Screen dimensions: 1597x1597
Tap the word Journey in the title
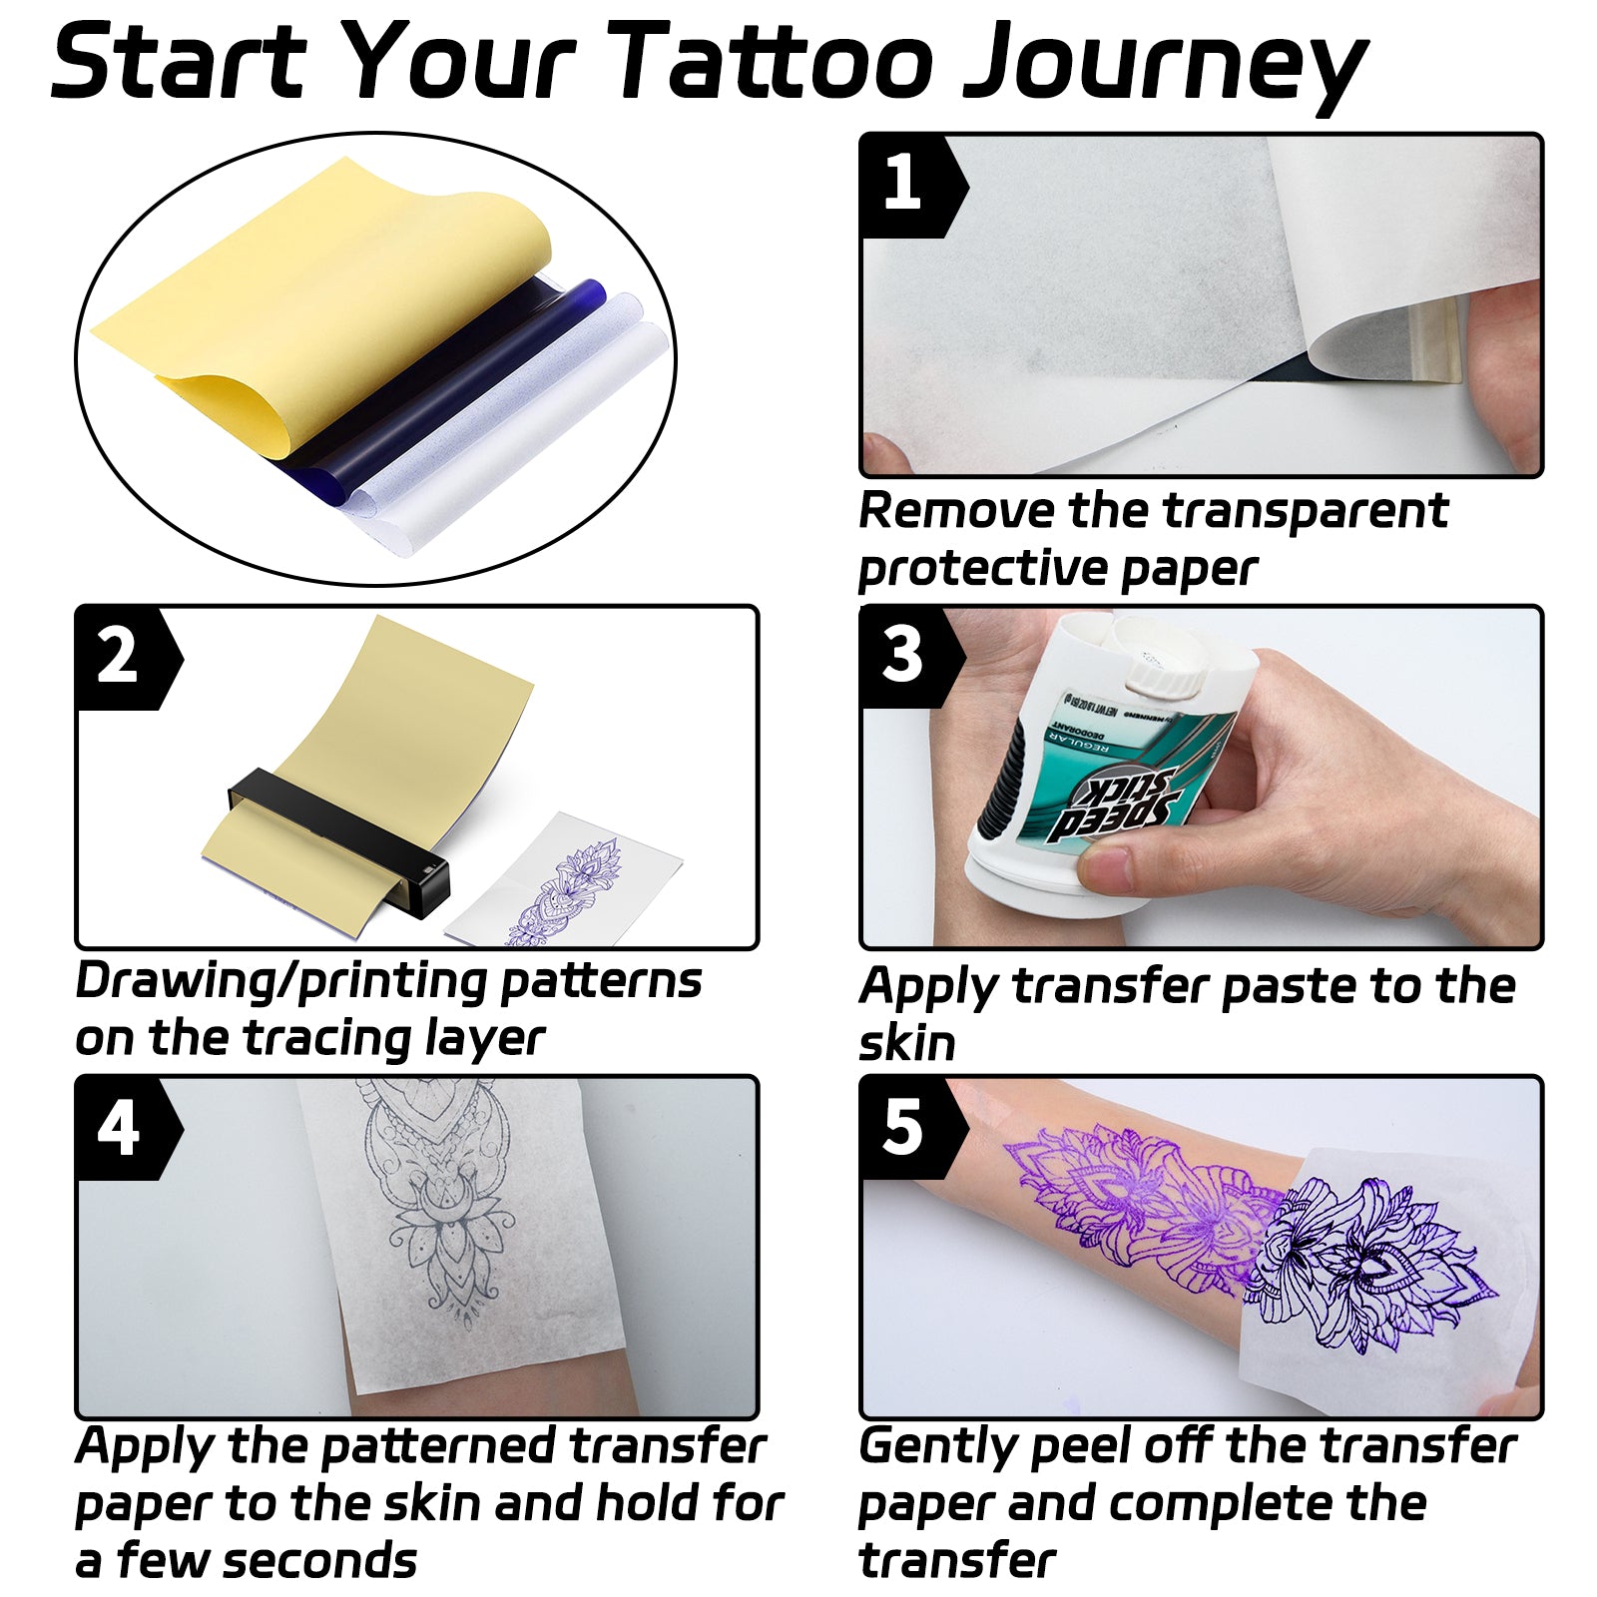1163,65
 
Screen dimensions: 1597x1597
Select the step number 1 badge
903,185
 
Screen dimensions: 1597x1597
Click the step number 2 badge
118,657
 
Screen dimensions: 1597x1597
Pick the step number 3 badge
903,656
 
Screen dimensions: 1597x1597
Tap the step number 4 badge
118,1129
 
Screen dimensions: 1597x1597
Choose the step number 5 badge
903,1128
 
